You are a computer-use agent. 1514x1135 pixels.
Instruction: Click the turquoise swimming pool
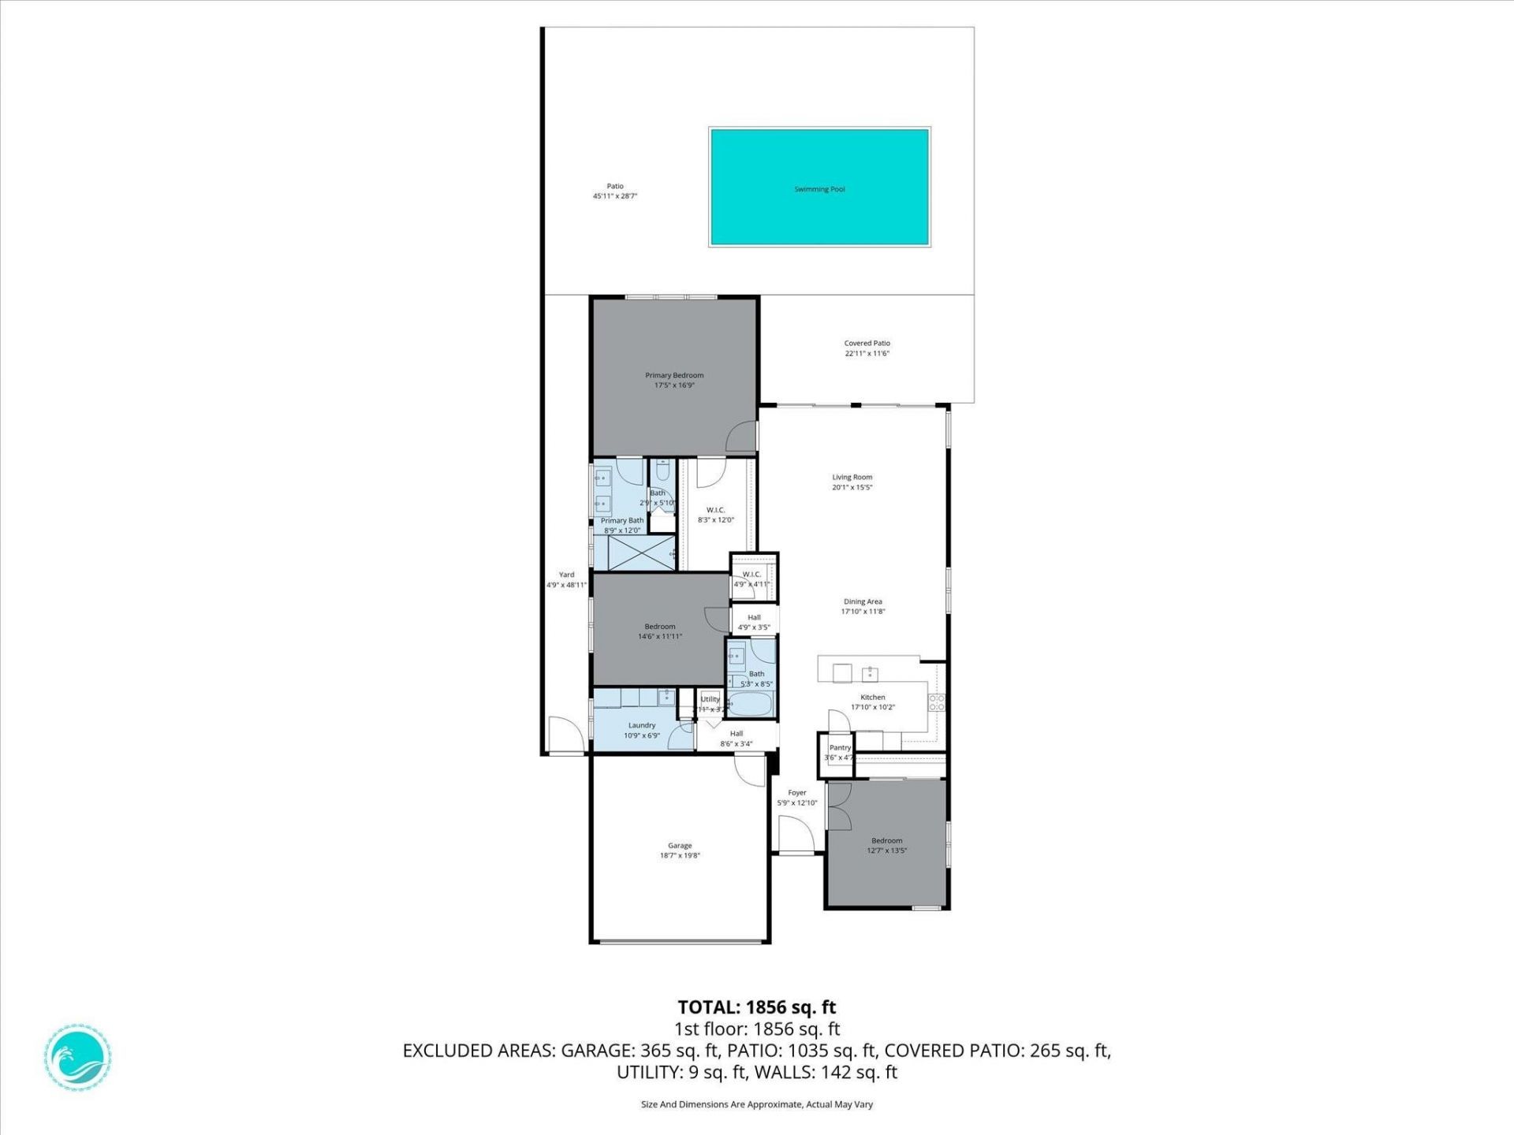pyautogui.click(x=819, y=188)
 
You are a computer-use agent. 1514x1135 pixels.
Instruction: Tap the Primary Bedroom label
pyautogui.click(x=674, y=375)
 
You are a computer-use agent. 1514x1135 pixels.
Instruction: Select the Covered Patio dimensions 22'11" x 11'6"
pyautogui.click(x=867, y=354)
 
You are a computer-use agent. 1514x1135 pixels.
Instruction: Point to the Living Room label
pyautogui.click(x=852, y=477)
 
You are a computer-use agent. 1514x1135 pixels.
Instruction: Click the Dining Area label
pyautogui.click(x=863, y=601)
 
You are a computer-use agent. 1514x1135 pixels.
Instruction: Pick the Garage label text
pyautogui.click(x=680, y=845)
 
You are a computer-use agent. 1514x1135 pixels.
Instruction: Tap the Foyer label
pyautogui.click(x=797, y=793)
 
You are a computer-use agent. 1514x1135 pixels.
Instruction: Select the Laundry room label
pyautogui.click(x=642, y=725)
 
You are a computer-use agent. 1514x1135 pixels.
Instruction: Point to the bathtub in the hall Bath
pyautogui.click(x=751, y=704)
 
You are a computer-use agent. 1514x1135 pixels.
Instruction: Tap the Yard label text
pyautogui.click(x=566, y=575)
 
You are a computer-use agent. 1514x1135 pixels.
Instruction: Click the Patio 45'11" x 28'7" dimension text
pyautogui.click(x=614, y=196)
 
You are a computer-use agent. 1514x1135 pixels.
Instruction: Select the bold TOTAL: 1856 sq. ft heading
pyautogui.click(x=756, y=1007)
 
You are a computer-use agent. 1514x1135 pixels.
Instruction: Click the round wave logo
pyautogui.click(x=77, y=1057)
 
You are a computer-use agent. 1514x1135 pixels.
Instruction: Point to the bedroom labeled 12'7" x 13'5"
pyautogui.click(x=886, y=846)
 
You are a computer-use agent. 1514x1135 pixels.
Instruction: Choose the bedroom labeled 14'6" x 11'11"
pyautogui.click(x=660, y=631)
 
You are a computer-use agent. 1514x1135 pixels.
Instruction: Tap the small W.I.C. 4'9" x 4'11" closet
pyautogui.click(x=752, y=579)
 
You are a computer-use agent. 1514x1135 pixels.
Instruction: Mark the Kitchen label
pyautogui.click(x=872, y=697)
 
